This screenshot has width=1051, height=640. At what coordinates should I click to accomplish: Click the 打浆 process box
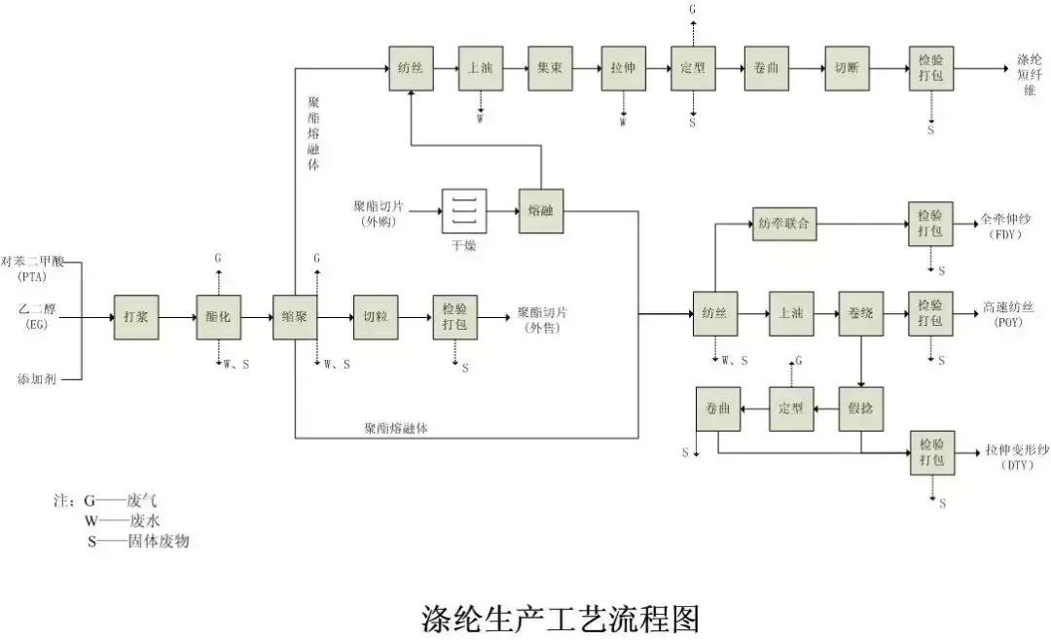point(136,317)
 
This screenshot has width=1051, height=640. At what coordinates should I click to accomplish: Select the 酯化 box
point(218,317)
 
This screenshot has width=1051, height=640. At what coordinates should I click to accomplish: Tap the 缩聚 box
point(295,317)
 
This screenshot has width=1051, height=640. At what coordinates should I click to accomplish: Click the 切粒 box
point(375,317)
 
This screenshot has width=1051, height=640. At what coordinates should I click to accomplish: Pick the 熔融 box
point(540,211)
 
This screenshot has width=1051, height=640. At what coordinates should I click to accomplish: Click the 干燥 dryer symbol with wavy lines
point(463,211)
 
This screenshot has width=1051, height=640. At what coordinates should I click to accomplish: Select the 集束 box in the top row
point(552,69)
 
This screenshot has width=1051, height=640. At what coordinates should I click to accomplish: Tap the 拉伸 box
point(624,69)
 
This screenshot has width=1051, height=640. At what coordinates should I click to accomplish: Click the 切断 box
point(847,69)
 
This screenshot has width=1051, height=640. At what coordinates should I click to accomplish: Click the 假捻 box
point(861,409)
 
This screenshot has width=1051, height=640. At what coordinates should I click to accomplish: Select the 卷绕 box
point(861,313)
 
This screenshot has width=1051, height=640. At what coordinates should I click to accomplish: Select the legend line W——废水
point(123,520)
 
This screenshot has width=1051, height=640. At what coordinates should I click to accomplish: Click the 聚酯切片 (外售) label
point(543,319)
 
